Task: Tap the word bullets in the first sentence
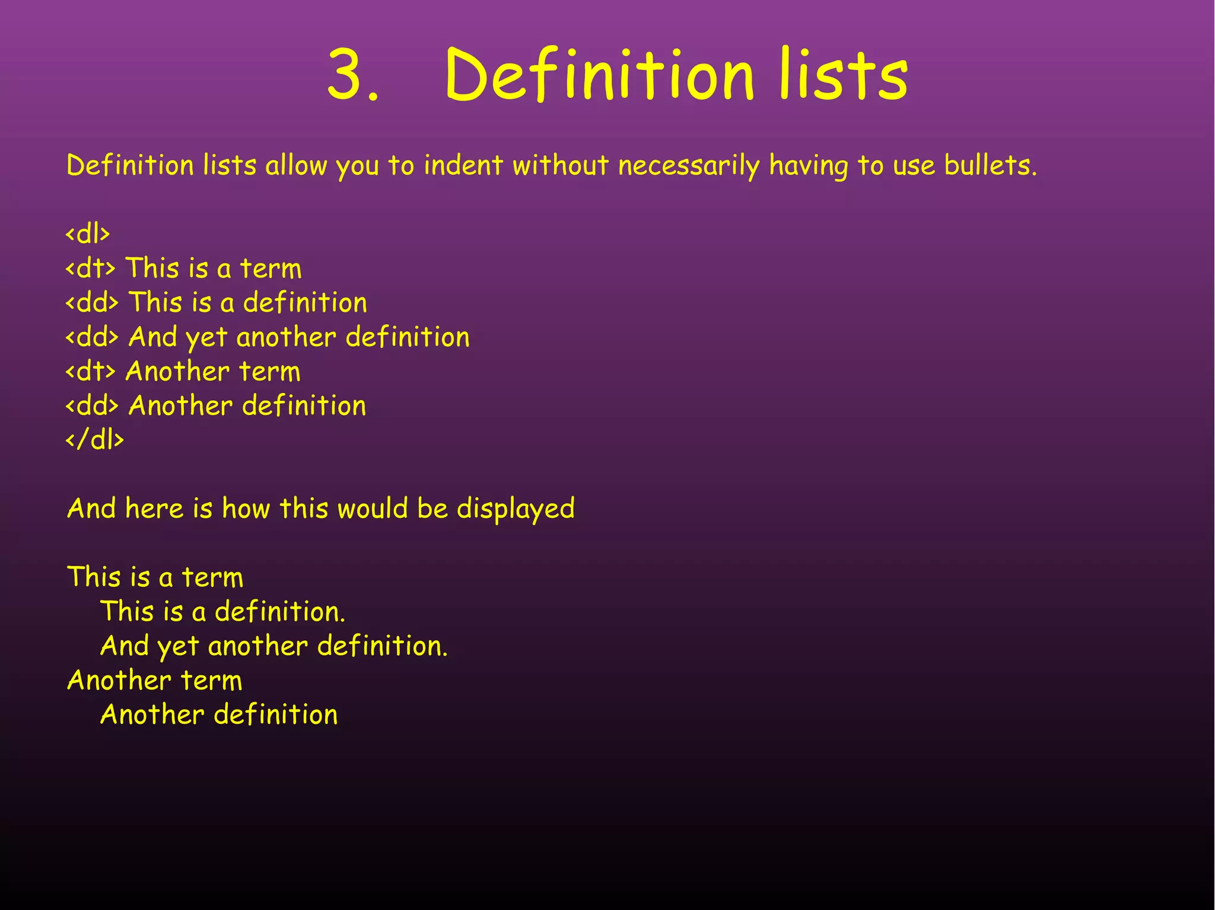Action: coord(990,165)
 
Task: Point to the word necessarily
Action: coord(689,165)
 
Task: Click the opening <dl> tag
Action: coord(88,234)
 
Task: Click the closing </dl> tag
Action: coord(95,440)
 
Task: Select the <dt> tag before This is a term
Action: coord(90,269)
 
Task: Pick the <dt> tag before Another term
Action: coord(90,372)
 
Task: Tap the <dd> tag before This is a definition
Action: coord(92,303)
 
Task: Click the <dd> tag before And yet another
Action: coord(92,337)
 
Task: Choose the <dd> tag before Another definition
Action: coord(92,406)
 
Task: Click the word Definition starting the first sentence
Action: coord(130,165)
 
